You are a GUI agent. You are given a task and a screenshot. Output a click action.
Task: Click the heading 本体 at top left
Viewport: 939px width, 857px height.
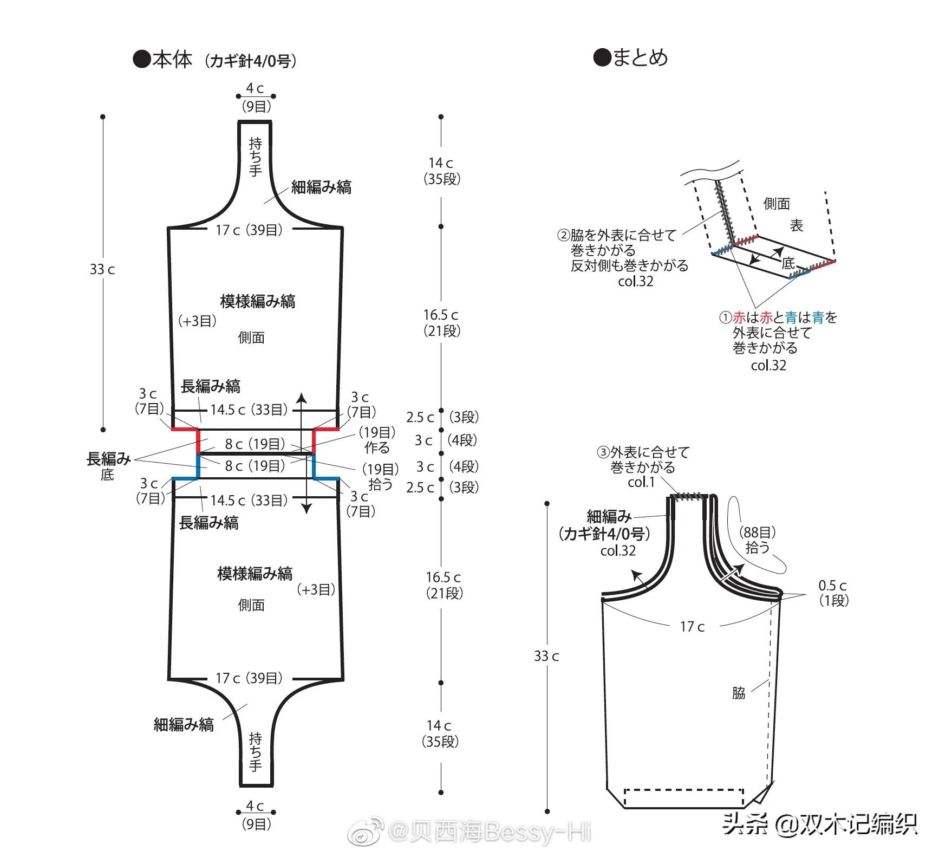(x=172, y=59)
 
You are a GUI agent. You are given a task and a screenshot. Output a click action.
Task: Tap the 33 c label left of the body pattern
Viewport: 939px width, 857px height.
(x=102, y=269)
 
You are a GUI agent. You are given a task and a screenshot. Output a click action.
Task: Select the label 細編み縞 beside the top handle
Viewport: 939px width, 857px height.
(x=321, y=187)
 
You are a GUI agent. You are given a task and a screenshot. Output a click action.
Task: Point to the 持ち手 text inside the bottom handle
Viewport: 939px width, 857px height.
(x=255, y=751)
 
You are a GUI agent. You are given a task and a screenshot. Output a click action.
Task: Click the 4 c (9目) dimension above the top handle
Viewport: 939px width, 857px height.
(x=256, y=97)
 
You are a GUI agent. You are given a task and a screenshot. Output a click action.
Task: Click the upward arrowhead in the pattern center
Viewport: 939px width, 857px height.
(x=302, y=398)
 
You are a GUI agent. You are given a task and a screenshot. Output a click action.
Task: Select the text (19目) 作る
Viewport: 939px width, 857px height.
(x=377, y=440)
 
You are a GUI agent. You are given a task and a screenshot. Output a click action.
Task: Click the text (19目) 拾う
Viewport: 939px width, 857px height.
(x=380, y=476)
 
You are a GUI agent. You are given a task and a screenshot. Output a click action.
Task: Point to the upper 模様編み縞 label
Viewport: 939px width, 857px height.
(x=257, y=301)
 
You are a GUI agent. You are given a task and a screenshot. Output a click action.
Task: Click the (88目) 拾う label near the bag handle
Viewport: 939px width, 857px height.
(x=757, y=540)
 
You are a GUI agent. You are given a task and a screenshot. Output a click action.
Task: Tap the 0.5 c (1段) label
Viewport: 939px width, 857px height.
(x=833, y=593)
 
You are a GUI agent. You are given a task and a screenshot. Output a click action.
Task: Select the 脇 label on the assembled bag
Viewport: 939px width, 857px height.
(x=739, y=693)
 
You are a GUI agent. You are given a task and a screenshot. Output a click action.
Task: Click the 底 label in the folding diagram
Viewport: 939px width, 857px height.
(x=788, y=263)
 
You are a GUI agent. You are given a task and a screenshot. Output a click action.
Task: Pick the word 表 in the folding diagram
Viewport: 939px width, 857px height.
(x=796, y=225)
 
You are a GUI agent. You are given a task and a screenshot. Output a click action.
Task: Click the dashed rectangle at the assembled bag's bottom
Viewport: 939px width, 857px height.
(x=684, y=798)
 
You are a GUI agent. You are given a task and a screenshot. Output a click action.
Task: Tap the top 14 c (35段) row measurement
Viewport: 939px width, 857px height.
(x=441, y=171)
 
